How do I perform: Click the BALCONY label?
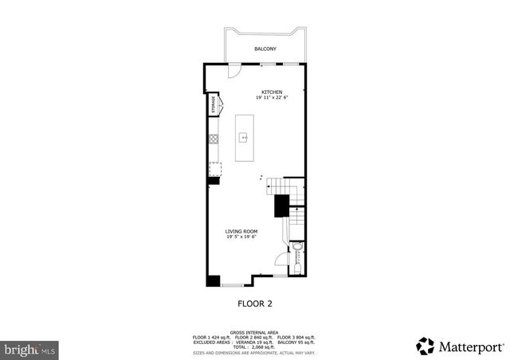(265, 49)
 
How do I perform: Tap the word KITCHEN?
(273, 92)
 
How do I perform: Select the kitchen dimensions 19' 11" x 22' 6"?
(273, 98)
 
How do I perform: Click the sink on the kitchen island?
(245, 136)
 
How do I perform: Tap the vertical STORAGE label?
(213, 104)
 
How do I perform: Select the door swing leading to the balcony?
(233, 72)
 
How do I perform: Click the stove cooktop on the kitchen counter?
(213, 140)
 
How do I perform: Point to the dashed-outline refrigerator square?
(214, 168)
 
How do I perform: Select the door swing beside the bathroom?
(279, 260)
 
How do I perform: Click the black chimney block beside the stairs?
(281, 205)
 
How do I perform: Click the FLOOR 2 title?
(255, 303)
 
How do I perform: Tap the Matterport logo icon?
(426, 346)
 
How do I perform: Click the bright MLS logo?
(30, 349)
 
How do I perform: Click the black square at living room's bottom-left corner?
(213, 280)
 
